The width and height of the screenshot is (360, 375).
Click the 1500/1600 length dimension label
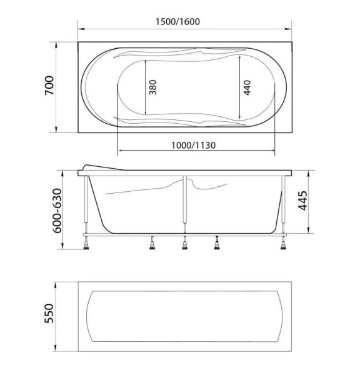177,22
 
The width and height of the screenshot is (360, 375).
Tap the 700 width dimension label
49,86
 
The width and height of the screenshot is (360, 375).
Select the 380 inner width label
152,87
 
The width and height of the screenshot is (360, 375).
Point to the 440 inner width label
247,87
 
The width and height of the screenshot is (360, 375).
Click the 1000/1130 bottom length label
193,145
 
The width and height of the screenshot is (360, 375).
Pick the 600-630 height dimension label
57,211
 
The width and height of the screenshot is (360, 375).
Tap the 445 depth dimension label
302,201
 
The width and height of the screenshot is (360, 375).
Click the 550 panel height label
49,313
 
